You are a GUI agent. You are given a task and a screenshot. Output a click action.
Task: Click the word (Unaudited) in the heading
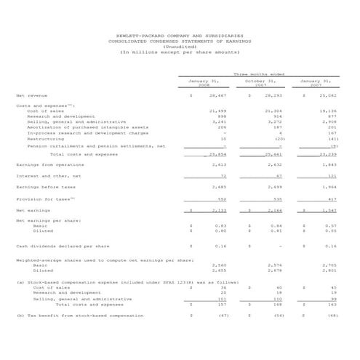(x=180, y=47)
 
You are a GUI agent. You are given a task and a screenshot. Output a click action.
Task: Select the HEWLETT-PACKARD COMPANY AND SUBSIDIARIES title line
(x=180, y=35)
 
